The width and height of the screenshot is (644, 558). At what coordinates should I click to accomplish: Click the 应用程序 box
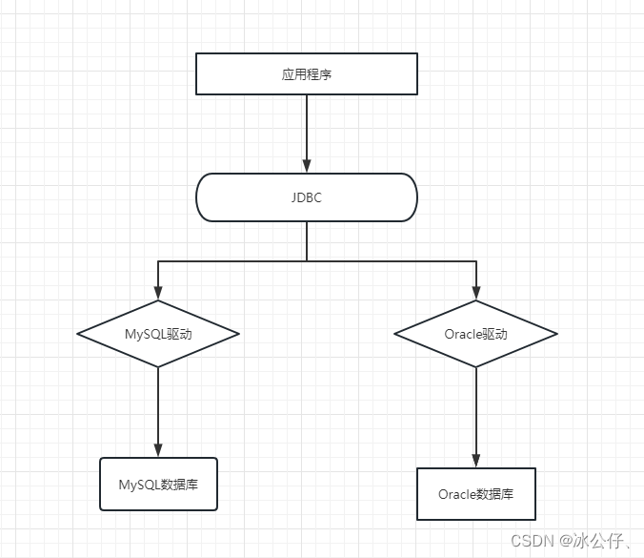point(307,74)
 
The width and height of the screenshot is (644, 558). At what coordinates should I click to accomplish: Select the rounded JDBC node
point(307,198)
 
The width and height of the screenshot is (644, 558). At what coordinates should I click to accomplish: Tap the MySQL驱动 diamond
point(158,334)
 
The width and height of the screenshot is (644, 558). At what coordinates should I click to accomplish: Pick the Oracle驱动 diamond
point(475,334)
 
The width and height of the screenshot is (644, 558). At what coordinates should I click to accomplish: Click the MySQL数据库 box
point(158,485)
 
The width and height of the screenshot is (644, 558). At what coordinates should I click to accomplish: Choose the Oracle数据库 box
point(475,494)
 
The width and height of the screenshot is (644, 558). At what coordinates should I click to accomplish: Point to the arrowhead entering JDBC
point(307,165)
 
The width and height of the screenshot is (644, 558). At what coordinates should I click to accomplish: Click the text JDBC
point(307,198)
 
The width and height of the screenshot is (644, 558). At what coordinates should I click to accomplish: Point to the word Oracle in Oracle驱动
point(463,334)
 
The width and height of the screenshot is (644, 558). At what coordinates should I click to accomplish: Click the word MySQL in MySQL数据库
point(138,485)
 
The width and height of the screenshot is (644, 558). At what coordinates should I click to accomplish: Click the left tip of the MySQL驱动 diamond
point(78,334)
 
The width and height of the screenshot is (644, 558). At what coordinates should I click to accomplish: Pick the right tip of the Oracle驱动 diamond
point(556,334)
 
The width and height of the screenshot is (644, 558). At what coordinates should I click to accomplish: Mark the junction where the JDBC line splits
point(307,260)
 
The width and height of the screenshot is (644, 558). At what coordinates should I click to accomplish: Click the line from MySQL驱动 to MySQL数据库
point(158,405)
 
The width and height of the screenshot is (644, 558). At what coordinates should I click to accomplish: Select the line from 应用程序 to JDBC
point(307,129)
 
